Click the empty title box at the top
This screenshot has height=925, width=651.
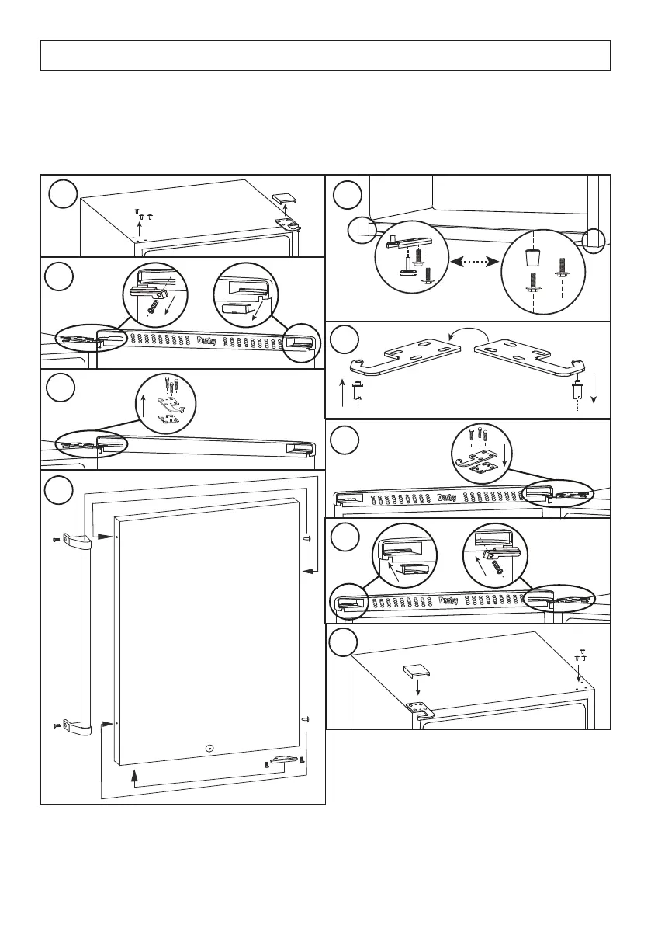point(325,56)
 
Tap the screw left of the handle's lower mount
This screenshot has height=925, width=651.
point(56,725)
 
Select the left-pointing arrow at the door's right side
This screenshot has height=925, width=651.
point(307,571)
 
